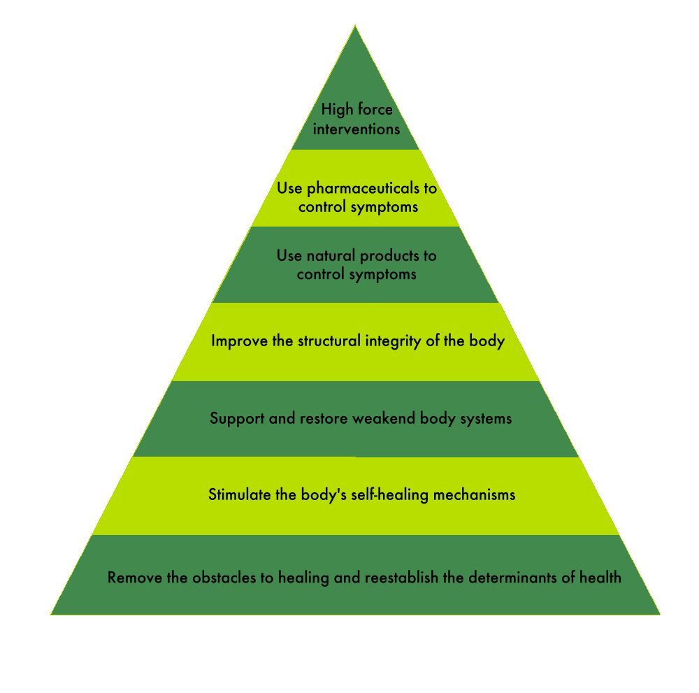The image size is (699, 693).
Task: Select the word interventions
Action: tap(356, 129)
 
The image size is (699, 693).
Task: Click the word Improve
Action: tap(238, 341)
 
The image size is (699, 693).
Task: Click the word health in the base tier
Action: tap(601, 578)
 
